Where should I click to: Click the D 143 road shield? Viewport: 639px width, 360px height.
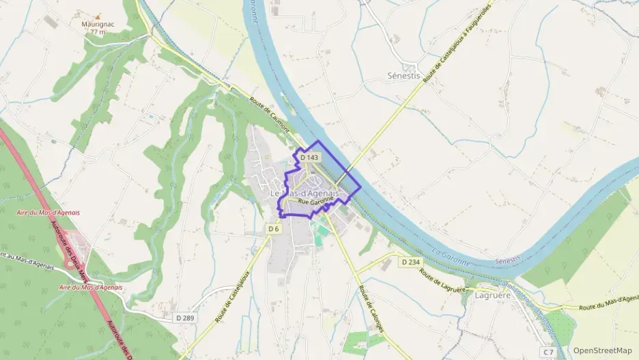tap(309, 158)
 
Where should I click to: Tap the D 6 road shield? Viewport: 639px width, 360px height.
tap(274, 229)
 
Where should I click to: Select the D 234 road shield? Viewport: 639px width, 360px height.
tap(411, 262)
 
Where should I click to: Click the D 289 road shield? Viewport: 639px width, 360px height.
tap(184, 318)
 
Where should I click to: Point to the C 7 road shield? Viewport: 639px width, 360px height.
tap(549, 351)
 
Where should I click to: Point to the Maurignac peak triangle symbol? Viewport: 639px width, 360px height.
tap(97, 14)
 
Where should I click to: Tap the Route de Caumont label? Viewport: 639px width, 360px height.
tap(270, 115)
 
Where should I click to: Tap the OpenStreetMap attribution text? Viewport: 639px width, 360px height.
tap(602, 350)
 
